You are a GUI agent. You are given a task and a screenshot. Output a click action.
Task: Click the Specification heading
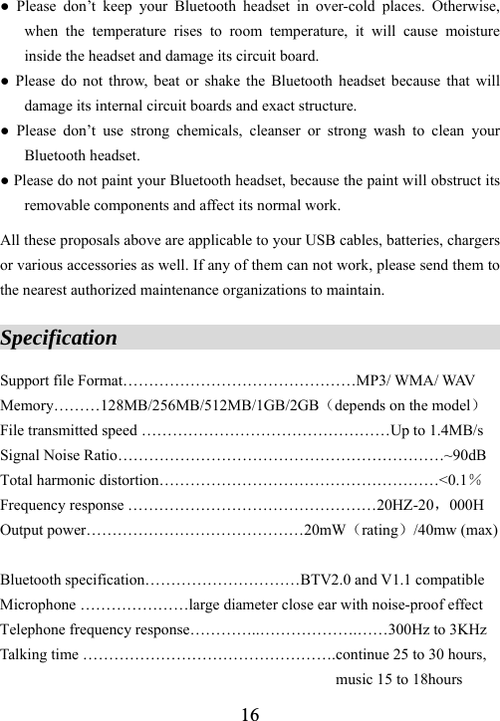(x=59, y=338)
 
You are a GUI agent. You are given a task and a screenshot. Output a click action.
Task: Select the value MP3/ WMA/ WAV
(x=413, y=379)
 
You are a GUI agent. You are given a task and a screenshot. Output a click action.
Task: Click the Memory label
(x=27, y=405)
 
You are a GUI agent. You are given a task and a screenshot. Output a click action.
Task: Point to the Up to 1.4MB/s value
(x=438, y=431)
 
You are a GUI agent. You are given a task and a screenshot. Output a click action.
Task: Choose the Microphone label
(x=38, y=604)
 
